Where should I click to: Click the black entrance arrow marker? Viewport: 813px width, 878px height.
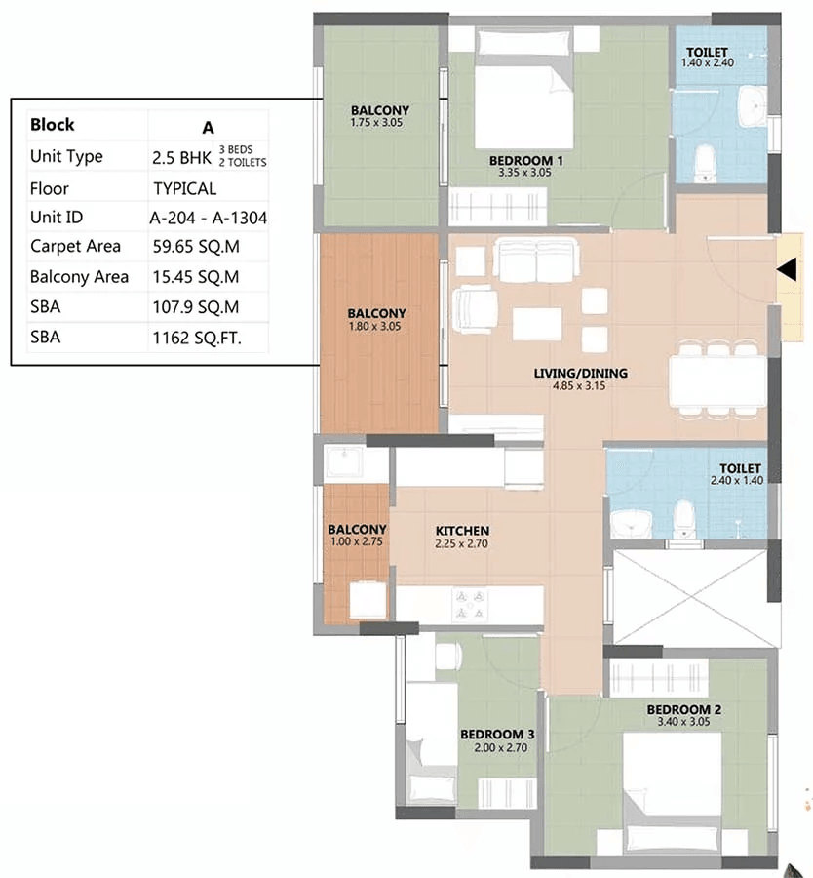tap(788, 269)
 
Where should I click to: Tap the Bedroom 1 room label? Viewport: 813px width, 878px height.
tap(526, 161)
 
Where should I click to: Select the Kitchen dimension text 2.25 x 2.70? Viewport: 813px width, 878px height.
tap(462, 543)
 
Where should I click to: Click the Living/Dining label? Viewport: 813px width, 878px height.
tap(580, 373)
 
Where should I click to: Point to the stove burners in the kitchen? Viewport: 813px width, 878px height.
tap(470, 605)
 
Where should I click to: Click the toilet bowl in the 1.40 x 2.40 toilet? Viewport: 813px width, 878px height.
tap(705, 163)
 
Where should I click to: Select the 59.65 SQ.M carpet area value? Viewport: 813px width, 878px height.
tap(196, 247)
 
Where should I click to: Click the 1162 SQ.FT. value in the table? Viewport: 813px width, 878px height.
tap(197, 338)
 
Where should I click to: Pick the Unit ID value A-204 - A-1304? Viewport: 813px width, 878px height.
tap(209, 218)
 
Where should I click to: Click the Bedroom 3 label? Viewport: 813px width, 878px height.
tap(497, 734)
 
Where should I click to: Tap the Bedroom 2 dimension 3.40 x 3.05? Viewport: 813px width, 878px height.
tap(683, 722)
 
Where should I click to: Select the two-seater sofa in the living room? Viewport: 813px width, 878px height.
tap(535, 260)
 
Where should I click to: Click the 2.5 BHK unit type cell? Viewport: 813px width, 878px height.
tap(181, 158)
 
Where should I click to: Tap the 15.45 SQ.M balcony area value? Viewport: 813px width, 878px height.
tap(196, 277)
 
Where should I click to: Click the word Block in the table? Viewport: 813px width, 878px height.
tap(52, 124)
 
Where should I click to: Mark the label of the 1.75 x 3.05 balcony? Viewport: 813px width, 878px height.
tap(380, 110)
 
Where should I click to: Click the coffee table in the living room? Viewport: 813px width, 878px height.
tap(537, 324)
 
